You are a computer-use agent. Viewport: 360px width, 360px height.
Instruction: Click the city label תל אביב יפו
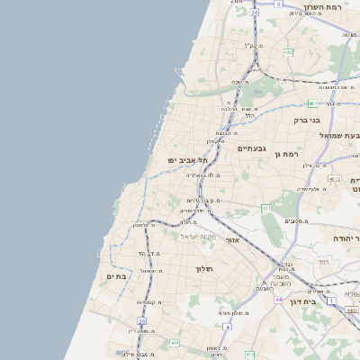click(187, 159)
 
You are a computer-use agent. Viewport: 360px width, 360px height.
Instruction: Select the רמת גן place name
click(288, 155)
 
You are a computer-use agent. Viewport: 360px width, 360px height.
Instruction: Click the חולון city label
click(202, 268)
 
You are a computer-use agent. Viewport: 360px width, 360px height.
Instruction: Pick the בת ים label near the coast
click(116, 276)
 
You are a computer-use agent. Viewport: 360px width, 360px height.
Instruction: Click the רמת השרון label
click(325, 6)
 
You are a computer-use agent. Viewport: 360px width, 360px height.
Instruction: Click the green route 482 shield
click(289, 53)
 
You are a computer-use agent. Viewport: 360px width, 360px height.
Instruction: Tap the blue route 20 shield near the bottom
click(142, 320)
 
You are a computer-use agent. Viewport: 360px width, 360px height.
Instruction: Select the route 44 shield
click(279, 299)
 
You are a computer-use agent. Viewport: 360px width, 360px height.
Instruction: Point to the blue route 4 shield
click(228, 327)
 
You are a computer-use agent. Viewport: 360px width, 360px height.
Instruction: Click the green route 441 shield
click(173, 343)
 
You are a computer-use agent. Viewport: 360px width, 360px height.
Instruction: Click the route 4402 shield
click(352, 310)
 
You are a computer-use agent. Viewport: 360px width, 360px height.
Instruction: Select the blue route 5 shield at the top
click(255, 13)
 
